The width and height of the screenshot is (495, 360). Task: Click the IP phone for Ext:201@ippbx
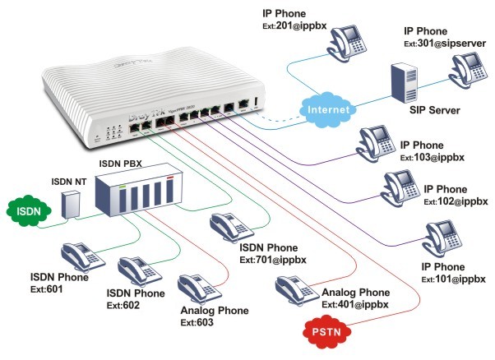coord(357,38)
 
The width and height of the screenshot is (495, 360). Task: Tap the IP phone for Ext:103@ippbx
coord(375,141)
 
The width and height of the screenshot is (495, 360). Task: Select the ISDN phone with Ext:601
coord(78,256)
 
